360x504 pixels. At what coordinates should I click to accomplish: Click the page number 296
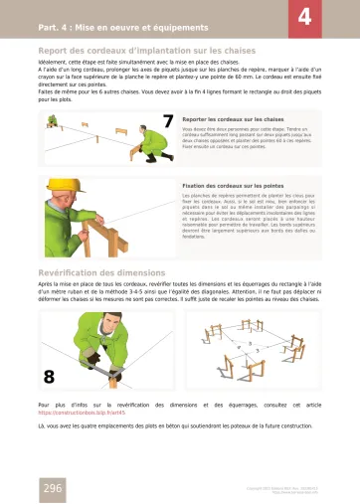click(52, 487)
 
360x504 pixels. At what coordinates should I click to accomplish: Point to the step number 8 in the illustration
click(49, 377)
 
